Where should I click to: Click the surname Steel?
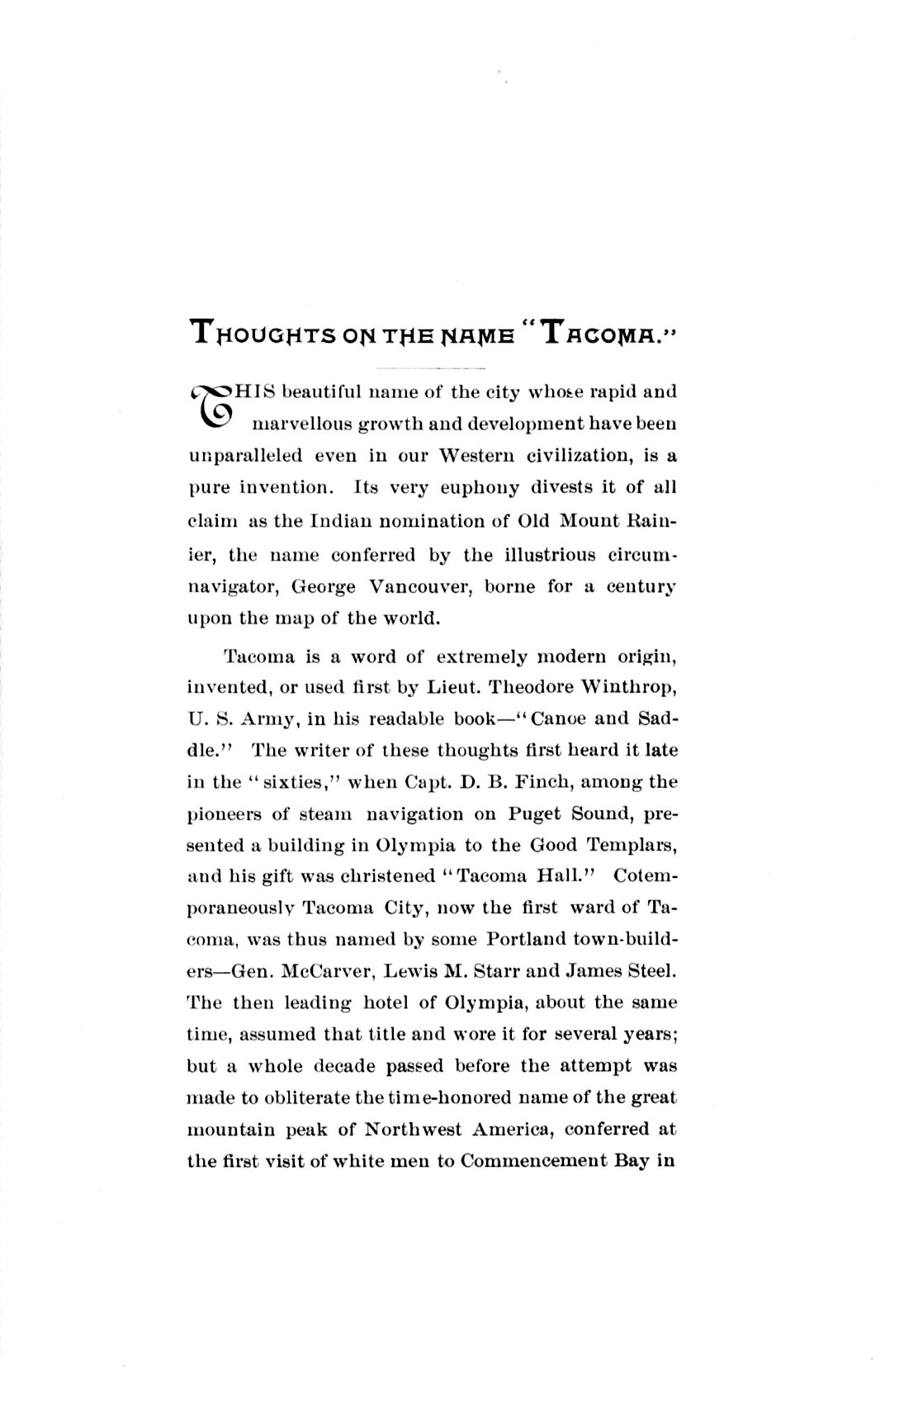point(652,971)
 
